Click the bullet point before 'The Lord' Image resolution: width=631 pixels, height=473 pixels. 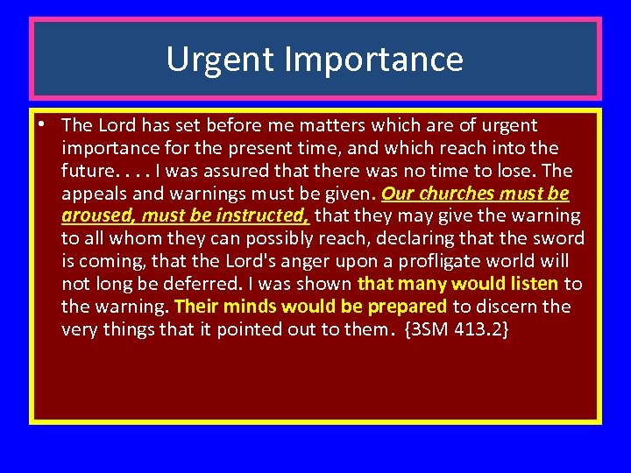[42, 124]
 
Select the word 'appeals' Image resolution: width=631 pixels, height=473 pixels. [92, 194]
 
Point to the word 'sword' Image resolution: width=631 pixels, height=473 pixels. [561, 239]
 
